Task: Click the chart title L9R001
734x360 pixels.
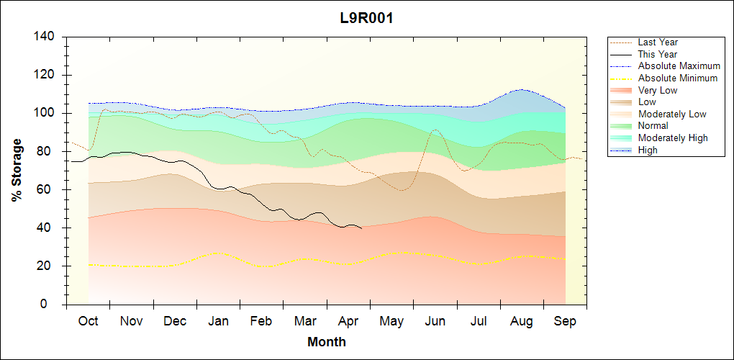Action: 366,19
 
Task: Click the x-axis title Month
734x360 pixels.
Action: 327,342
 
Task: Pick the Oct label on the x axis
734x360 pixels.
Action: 88,321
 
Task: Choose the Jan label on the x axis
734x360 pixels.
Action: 218,321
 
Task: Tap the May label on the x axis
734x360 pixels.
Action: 391,321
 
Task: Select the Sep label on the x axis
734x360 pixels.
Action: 565,321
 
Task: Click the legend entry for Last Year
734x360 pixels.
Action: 658,42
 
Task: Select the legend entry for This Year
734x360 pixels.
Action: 658,54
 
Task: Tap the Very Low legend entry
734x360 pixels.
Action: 658,90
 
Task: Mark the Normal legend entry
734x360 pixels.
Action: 653,126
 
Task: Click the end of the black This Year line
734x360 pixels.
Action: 362,228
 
